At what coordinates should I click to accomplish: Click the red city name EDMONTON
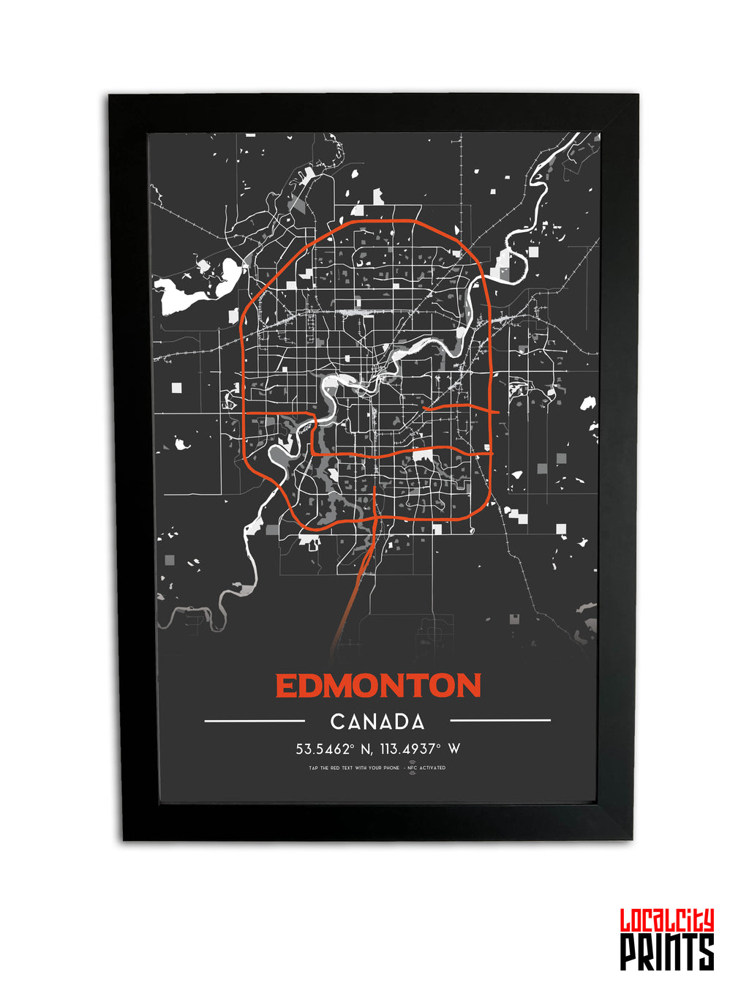pyautogui.click(x=377, y=686)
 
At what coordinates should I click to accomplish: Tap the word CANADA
pyautogui.click(x=377, y=722)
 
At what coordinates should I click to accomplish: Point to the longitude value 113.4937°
pyautogui.click(x=410, y=749)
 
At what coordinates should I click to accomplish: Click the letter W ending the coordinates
pyautogui.click(x=454, y=749)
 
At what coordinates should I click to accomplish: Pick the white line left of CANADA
pyautogui.click(x=254, y=721)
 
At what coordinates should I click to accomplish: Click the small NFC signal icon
pyautogui.click(x=412, y=767)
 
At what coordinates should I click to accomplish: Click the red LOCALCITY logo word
pyautogui.click(x=666, y=920)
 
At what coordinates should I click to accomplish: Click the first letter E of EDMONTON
pyautogui.click(x=285, y=686)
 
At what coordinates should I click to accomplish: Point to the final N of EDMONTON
pyautogui.click(x=467, y=686)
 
